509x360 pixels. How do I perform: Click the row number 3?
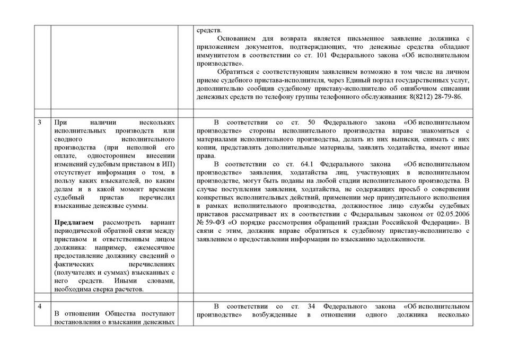[x=40, y=123]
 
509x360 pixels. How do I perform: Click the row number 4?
[x=40, y=306]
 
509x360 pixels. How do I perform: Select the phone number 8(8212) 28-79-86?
[x=433, y=97]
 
